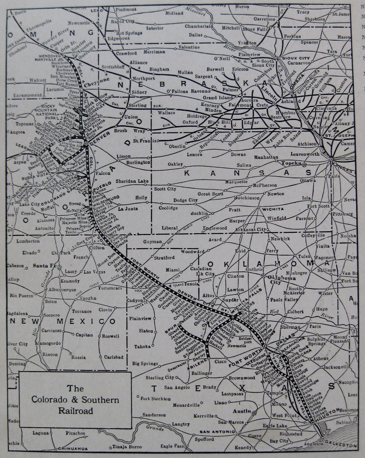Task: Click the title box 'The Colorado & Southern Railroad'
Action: [x=76, y=400]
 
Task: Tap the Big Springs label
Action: [x=145, y=364]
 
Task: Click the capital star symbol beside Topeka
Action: [x=304, y=165]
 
